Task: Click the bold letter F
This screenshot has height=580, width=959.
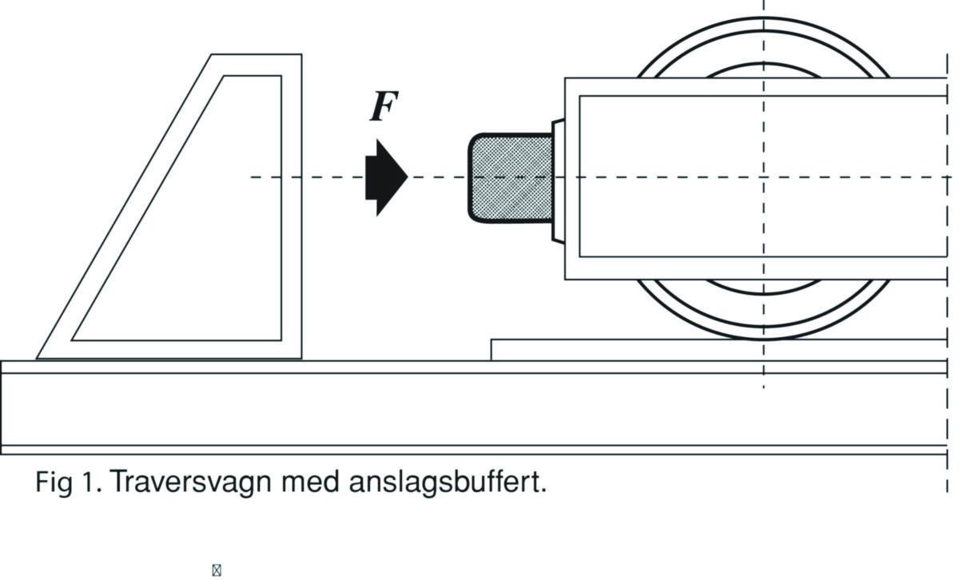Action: pos(384,108)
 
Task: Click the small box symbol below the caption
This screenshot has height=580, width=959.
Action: pos(216,570)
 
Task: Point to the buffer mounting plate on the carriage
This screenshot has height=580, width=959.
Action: pos(558,180)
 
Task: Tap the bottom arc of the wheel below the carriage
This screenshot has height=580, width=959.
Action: pos(763,332)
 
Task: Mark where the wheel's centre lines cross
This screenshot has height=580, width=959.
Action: pos(764,177)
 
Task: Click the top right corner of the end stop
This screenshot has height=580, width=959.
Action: pos(301,54)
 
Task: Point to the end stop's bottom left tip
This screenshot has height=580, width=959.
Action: pos(38,357)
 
